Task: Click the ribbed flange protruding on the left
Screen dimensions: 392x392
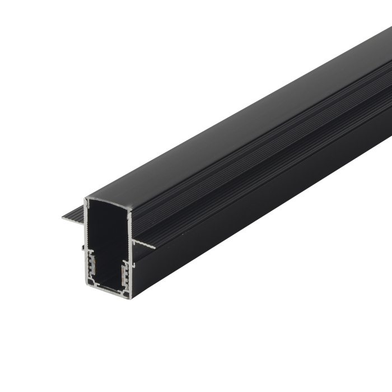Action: (x=73, y=215)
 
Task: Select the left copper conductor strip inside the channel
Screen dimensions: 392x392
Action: (x=92, y=267)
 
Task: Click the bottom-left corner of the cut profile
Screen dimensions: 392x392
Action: (x=88, y=285)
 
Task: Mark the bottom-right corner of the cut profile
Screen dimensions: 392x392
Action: (x=130, y=297)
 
